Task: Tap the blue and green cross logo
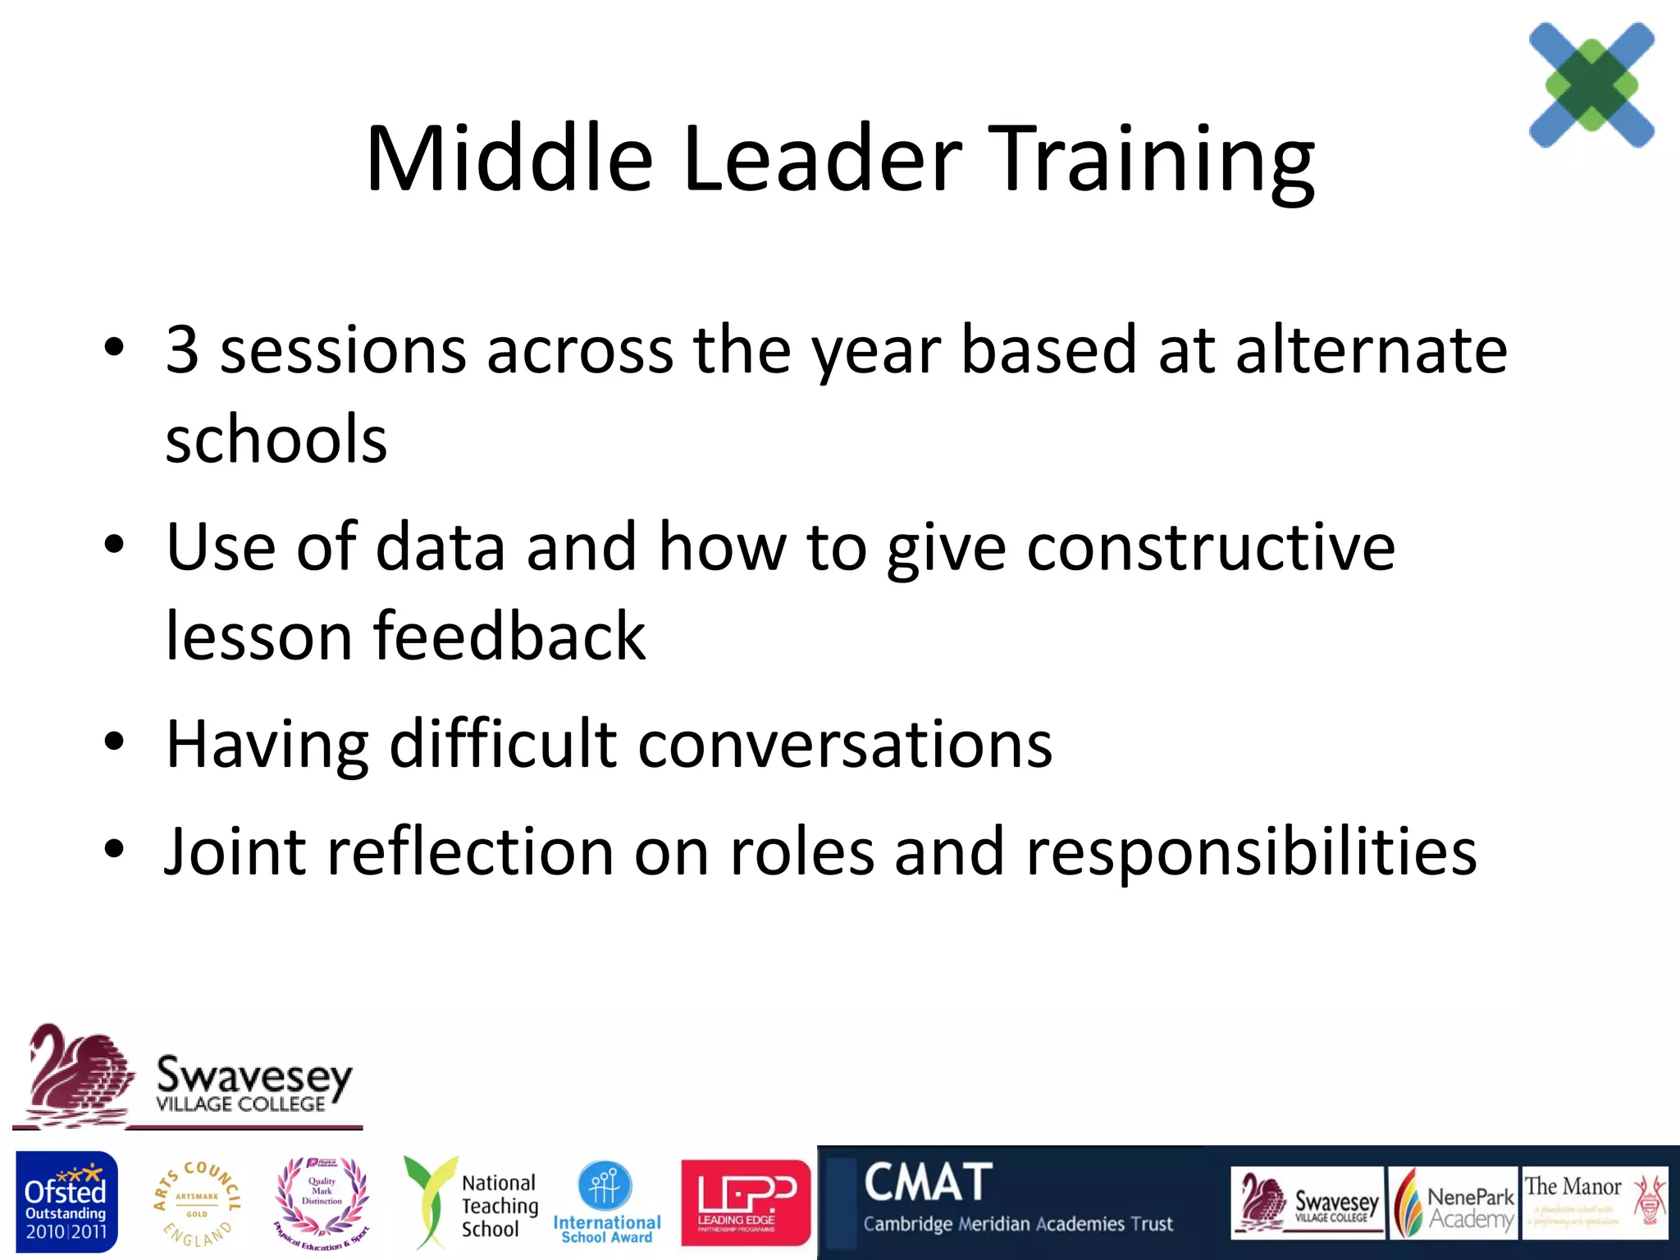pos(1591,84)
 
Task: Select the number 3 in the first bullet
pos(182,350)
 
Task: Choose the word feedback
pos(509,637)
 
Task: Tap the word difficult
pos(503,744)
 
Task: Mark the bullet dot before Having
pos(114,742)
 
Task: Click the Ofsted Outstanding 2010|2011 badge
pos(66,1203)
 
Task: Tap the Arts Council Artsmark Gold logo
pos(197,1203)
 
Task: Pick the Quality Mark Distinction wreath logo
pos(322,1203)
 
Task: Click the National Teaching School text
pos(499,1206)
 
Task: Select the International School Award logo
pos(606,1203)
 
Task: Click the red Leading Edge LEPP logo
pos(745,1203)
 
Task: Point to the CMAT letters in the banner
pos(928,1183)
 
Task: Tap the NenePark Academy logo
pos(1453,1203)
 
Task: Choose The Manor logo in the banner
pos(1595,1203)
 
